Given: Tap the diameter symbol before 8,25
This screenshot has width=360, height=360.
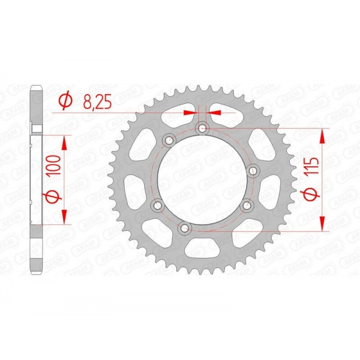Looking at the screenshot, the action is coord(65,101).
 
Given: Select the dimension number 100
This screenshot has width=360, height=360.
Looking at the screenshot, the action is coord(55,166).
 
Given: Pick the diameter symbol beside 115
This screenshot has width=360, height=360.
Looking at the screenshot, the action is coord(313,193).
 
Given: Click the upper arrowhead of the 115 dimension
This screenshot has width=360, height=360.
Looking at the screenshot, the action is coord(323,136).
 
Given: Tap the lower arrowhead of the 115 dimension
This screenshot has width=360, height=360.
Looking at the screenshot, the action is coord(323,223).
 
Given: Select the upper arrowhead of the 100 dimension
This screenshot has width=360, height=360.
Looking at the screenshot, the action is coord(64,143).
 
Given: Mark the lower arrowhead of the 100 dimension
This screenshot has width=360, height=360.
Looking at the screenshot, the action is coord(64,217).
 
